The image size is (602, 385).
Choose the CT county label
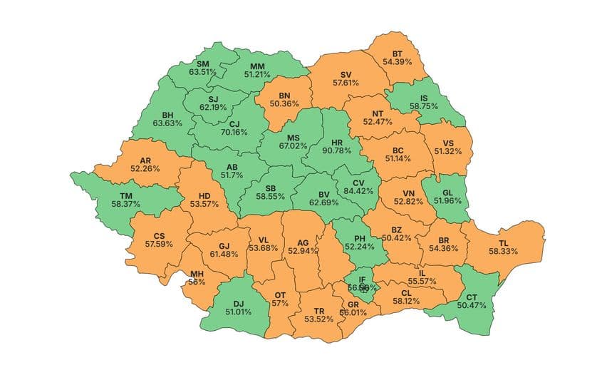(x=471, y=297)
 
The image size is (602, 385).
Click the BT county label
(x=398, y=53)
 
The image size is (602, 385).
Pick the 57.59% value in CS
(x=160, y=245)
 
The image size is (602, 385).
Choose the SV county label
(x=346, y=74)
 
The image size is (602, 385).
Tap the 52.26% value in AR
(x=145, y=169)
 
